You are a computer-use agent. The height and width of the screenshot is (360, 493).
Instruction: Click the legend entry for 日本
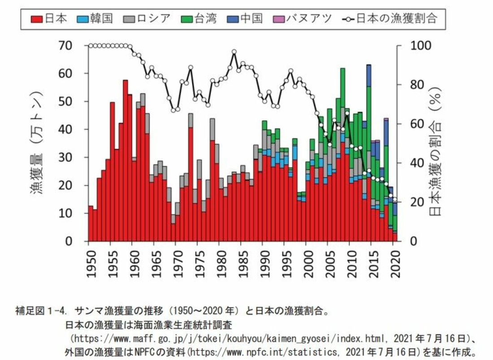coord(49,18)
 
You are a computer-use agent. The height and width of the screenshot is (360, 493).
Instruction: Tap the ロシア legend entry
coord(148,18)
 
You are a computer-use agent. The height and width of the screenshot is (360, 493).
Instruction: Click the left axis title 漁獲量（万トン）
coord(37,143)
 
